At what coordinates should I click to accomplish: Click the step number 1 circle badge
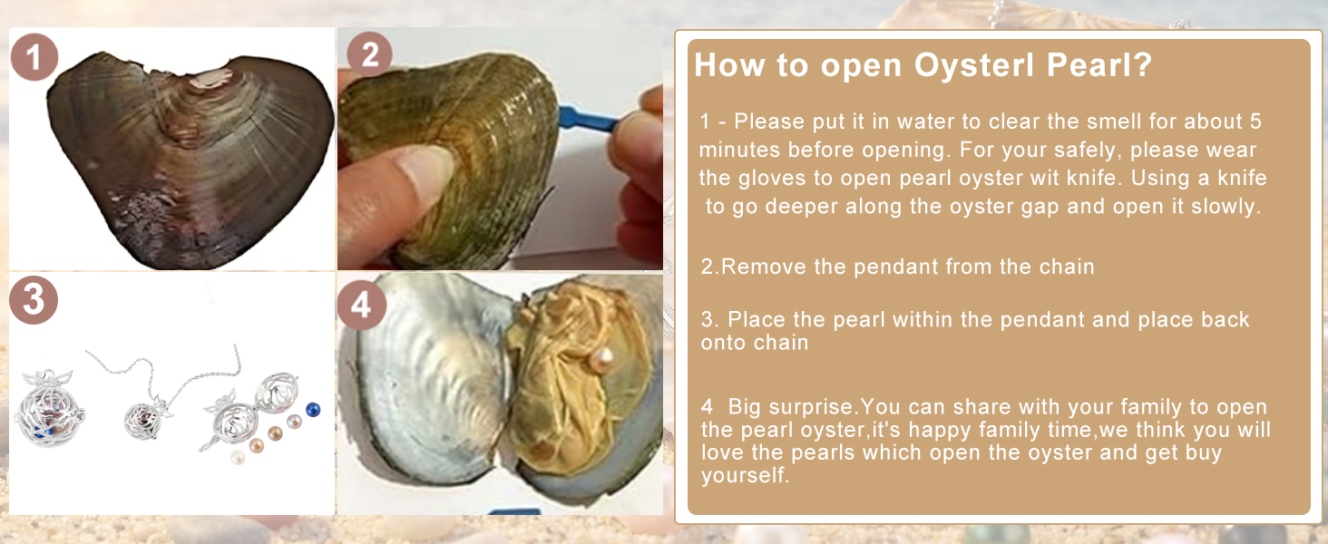(x=34, y=57)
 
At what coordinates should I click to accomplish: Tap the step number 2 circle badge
(x=369, y=54)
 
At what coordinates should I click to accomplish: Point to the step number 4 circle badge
(x=362, y=305)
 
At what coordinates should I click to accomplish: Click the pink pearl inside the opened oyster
(x=601, y=360)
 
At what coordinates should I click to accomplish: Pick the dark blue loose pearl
(x=312, y=409)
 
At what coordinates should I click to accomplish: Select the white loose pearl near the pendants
(x=238, y=457)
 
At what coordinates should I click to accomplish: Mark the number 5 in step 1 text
(x=1255, y=121)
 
